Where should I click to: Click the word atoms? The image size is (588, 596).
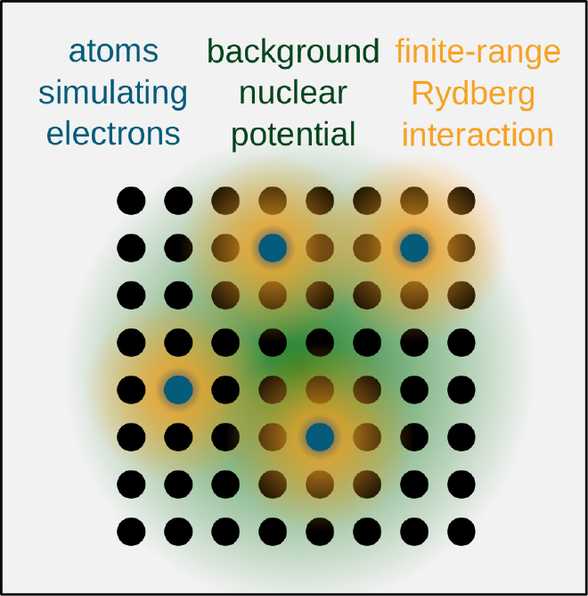tap(113, 52)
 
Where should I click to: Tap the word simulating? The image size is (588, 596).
tap(113, 94)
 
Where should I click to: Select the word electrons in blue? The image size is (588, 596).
tap(113, 134)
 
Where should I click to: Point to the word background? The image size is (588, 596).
tap(293, 52)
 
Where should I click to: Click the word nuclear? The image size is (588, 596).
tap(293, 93)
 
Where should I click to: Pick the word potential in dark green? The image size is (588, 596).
tap(293, 135)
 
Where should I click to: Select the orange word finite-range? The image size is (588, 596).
tap(478, 52)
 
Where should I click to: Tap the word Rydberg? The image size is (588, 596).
tap(473, 95)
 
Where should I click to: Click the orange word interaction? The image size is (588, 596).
tap(478, 135)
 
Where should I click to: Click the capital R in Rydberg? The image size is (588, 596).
tap(422, 93)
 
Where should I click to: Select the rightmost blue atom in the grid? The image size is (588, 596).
tap(414, 248)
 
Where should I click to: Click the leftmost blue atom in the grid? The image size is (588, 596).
tap(178, 390)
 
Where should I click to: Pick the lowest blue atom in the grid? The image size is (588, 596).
tap(320, 437)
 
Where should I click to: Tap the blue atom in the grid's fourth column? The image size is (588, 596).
tap(273, 248)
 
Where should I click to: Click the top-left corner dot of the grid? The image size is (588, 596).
tap(131, 201)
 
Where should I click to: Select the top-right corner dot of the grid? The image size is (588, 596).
tap(461, 201)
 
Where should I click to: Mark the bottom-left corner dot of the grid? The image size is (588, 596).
tap(131, 532)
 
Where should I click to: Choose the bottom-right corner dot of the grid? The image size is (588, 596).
tap(461, 532)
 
